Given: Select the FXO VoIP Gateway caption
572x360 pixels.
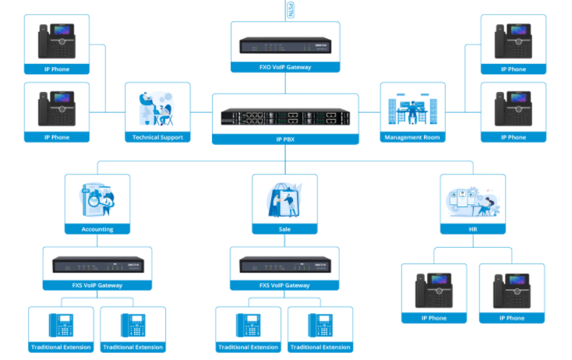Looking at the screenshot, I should pos(285,67).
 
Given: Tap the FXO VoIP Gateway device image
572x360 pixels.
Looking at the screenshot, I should pos(285,45).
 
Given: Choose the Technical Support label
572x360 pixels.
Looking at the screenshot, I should pos(157,137).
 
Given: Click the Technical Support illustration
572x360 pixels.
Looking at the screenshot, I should pos(157,109).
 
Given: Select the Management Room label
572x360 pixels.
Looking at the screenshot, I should pos(412,137).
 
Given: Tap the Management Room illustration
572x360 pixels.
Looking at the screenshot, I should pos(412,109).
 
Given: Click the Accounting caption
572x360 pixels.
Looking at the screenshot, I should pos(97,229).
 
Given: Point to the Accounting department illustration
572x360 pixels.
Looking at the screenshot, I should pos(97,200).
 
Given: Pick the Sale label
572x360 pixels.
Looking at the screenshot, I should pos(285,229).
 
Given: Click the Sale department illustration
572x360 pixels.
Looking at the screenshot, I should pos(285,200).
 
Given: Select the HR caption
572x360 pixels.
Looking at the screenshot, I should pos(473,229).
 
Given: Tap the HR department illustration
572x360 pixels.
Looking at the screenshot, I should pos(473,200).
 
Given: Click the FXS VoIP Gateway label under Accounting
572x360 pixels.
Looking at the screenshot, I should pos(97,286).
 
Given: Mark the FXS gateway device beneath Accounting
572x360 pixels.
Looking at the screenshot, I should pos(97,265).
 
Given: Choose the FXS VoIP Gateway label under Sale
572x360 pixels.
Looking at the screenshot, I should pos(285,286).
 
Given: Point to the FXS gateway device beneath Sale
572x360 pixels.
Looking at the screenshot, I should pos(285,265).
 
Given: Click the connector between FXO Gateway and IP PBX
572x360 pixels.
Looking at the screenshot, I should pos(285,83).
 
